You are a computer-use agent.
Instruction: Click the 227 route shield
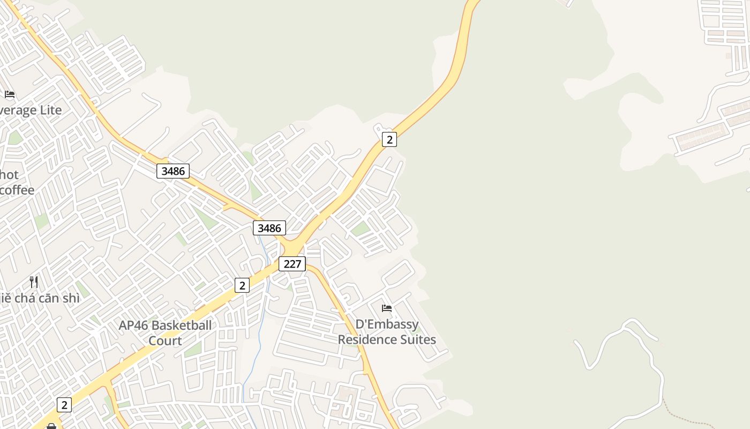[x=292, y=264]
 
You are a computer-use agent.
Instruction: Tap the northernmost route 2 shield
[x=389, y=139]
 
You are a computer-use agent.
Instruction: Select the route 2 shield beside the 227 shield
[x=242, y=285]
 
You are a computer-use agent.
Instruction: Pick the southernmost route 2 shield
[x=64, y=404]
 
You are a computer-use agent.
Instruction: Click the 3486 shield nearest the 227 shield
[x=269, y=228]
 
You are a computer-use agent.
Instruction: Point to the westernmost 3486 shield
[x=173, y=171]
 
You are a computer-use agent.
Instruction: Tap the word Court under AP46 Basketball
[x=165, y=341]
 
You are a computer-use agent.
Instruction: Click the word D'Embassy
[x=387, y=324]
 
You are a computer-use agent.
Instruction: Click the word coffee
[x=17, y=190]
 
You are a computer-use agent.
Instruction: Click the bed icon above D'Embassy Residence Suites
[x=387, y=308]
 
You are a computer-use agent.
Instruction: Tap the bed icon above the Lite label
[x=10, y=94]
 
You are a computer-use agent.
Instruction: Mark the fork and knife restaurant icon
[x=34, y=282]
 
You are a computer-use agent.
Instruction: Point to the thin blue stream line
[x=259, y=343]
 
